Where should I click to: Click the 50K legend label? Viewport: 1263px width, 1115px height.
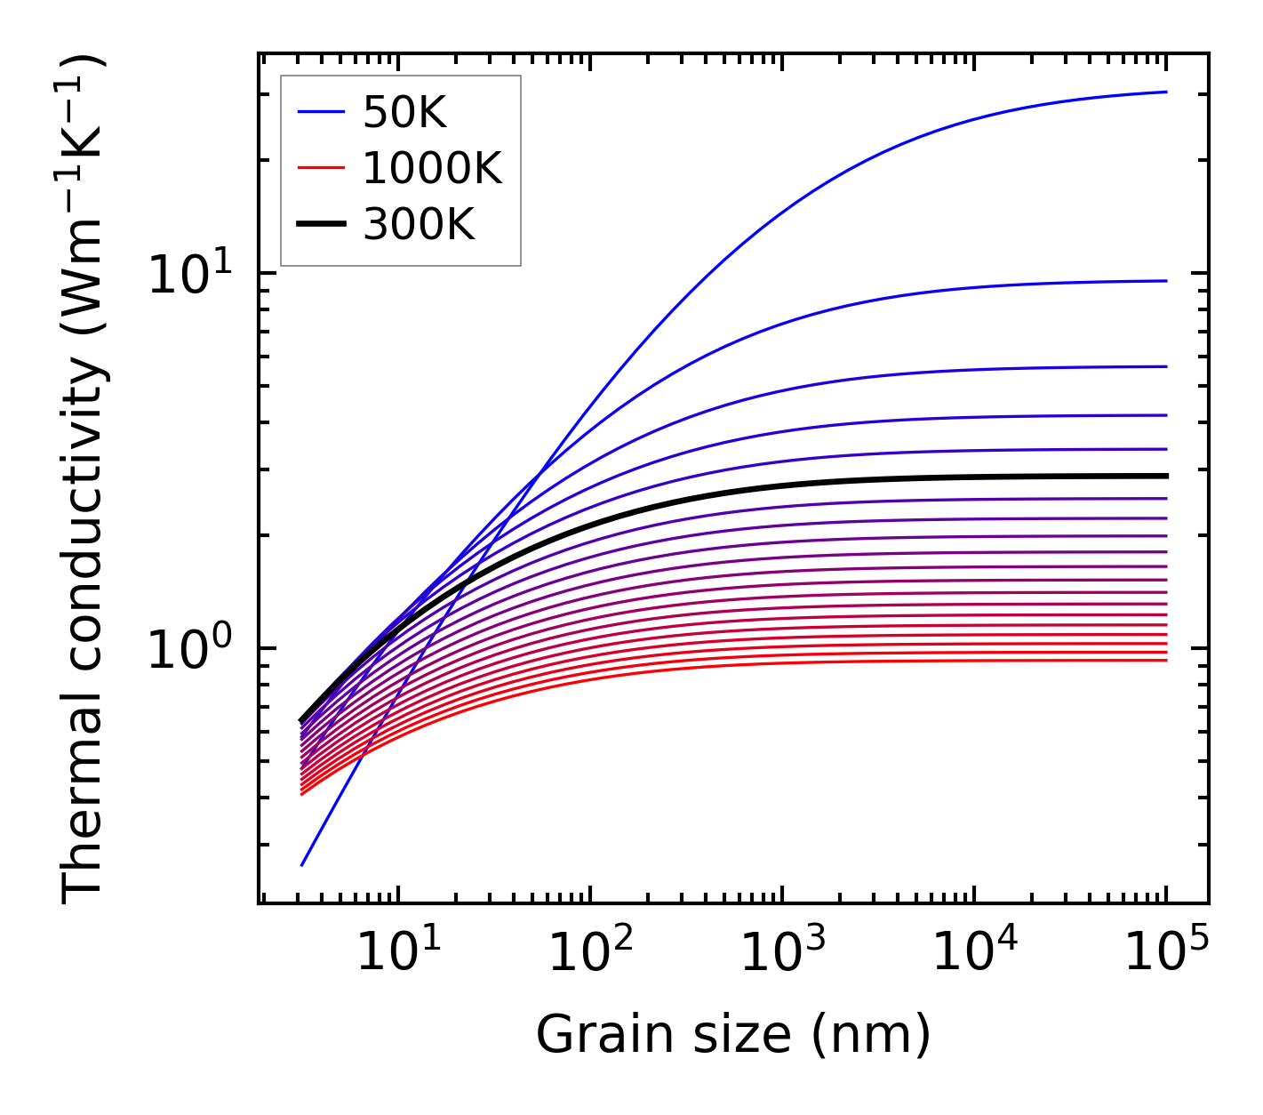coord(404,113)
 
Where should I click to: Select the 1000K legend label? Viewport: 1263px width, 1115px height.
coord(432,168)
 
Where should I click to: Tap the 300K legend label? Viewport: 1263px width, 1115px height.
coord(419,225)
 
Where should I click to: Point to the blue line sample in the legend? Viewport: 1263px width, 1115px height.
coord(320,112)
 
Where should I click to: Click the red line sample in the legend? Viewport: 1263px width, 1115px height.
coord(320,168)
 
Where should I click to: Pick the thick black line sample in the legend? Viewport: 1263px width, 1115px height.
coord(320,225)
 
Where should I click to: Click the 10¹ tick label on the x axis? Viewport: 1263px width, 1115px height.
coord(397,953)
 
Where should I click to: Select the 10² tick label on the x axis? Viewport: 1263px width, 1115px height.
coord(590,953)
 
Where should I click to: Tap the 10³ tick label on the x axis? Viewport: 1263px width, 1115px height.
coord(782,953)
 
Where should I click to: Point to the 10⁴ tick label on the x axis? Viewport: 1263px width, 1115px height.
coord(975,953)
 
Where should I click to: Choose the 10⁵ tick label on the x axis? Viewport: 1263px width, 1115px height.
coord(1167,953)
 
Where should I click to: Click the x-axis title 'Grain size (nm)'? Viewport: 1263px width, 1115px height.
coord(733,1035)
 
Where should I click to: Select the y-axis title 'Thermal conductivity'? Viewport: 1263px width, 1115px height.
coord(84,480)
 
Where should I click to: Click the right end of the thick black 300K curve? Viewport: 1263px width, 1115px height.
coord(1165,476)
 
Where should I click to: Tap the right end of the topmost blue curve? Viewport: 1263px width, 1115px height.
coord(1165,92)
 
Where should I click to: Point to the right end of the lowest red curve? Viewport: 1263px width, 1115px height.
coord(1165,660)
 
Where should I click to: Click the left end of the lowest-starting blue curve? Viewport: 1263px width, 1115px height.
coord(302,864)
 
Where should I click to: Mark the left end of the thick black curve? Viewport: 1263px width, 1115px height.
coord(302,720)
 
